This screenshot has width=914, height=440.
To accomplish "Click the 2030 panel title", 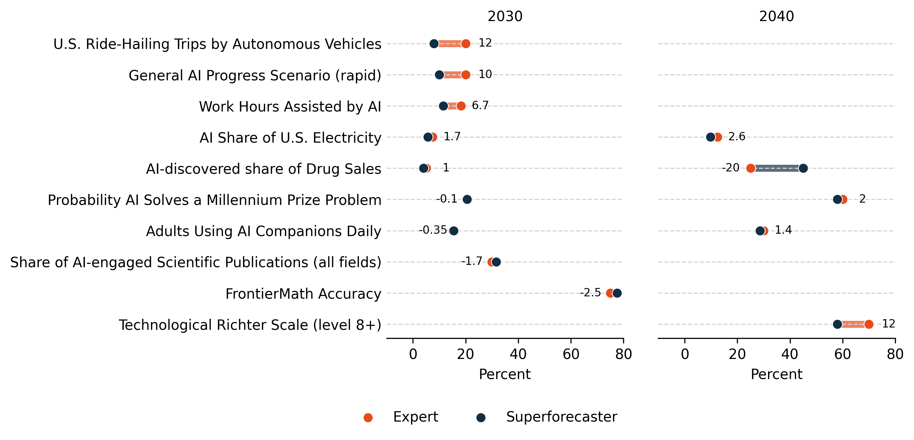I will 505,17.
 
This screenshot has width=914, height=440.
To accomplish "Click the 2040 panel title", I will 776,17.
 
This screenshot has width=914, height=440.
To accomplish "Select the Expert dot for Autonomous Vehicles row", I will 465,44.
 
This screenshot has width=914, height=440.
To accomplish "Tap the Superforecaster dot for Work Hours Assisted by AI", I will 443,106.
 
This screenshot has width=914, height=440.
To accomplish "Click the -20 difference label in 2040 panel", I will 730,168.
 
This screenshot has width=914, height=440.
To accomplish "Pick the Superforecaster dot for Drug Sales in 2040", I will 803,168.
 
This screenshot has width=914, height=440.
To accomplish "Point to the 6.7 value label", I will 480,105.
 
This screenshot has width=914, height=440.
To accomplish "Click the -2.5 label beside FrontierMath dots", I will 590,293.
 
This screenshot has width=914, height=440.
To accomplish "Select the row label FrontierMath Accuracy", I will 303,294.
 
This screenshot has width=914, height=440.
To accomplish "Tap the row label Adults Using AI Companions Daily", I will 263,231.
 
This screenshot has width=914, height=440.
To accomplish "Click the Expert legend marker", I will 368,418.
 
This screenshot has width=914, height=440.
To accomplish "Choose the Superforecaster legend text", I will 561,417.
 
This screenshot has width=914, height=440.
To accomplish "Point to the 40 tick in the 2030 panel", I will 518,354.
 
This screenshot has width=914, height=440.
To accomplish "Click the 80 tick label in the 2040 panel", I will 895,354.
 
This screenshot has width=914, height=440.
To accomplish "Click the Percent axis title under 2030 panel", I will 505,374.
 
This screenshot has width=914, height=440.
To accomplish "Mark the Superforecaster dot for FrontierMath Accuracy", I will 617,293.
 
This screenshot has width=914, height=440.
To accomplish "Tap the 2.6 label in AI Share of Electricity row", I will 737,137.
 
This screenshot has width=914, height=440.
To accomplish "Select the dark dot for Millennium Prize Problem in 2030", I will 467,200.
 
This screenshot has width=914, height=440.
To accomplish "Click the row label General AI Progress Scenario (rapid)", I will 254,76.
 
